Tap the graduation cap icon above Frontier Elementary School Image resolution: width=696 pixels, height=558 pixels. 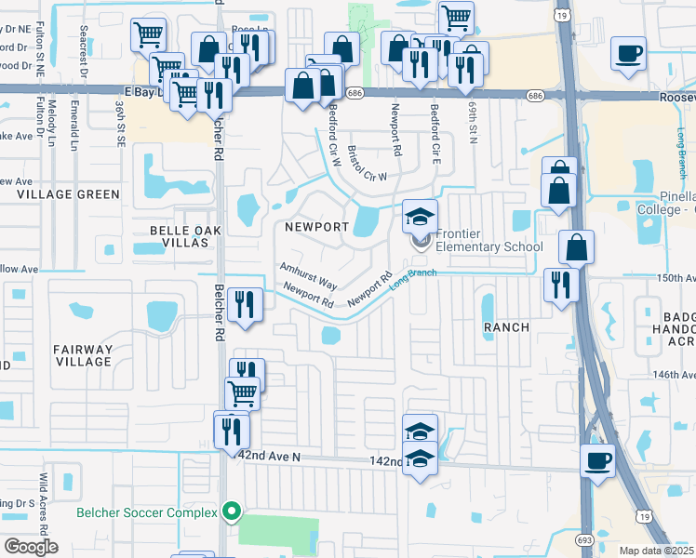coord(420,217)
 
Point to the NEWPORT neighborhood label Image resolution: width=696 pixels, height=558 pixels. coord(316,227)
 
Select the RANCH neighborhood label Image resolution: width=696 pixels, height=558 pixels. coord(506,327)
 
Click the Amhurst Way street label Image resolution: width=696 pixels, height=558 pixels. coord(309,274)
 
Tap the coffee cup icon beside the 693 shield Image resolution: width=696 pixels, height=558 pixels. coord(597,458)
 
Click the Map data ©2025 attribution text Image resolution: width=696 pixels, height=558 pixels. coord(655,551)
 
